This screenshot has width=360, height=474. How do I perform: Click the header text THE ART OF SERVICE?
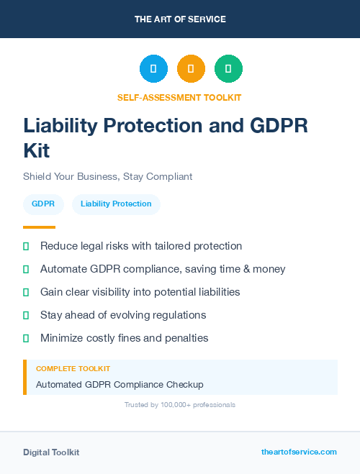pyautogui.click(x=180, y=19)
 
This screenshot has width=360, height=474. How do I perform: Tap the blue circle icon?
pyautogui.click(x=153, y=69)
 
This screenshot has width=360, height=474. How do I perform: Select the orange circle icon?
pyautogui.click(x=191, y=69)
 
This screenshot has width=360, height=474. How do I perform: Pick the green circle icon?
pyautogui.click(x=228, y=69)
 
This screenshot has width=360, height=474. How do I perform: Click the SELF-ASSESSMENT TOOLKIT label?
pyautogui.click(x=179, y=97)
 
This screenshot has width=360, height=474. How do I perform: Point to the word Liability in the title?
pyautogui.click(x=62, y=125)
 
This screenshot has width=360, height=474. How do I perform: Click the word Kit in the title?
pyautogui.click(x=37, y=151)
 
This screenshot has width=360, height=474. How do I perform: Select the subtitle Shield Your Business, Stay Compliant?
pyautogui.click(x=107, y=176)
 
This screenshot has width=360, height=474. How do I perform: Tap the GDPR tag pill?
pyautogui.click(x=43, y=204)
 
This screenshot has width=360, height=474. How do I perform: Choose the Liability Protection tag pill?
pyautogui.click(x=116, y=204)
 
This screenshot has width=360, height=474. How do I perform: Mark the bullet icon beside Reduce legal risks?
pyautogui.click(x=26, y=246)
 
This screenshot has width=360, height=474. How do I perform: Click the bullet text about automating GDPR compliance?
pyautogui.click(x=163, y=269)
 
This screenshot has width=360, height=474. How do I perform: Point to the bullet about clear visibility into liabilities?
pyautogui.click(x=140, y=292)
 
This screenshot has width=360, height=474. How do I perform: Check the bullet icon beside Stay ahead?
pyautogui.click(x=26, y=315)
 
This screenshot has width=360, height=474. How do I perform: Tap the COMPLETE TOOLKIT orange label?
pyautogui.click(x=73, y=368)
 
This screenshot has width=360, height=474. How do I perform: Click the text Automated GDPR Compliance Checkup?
pyautogui.click(x=120, y=384)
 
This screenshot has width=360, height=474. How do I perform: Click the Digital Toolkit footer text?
pyautogui.click(x=51, y=452)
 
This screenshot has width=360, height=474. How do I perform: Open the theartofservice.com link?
pyautogui.click(x=299, y=452)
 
